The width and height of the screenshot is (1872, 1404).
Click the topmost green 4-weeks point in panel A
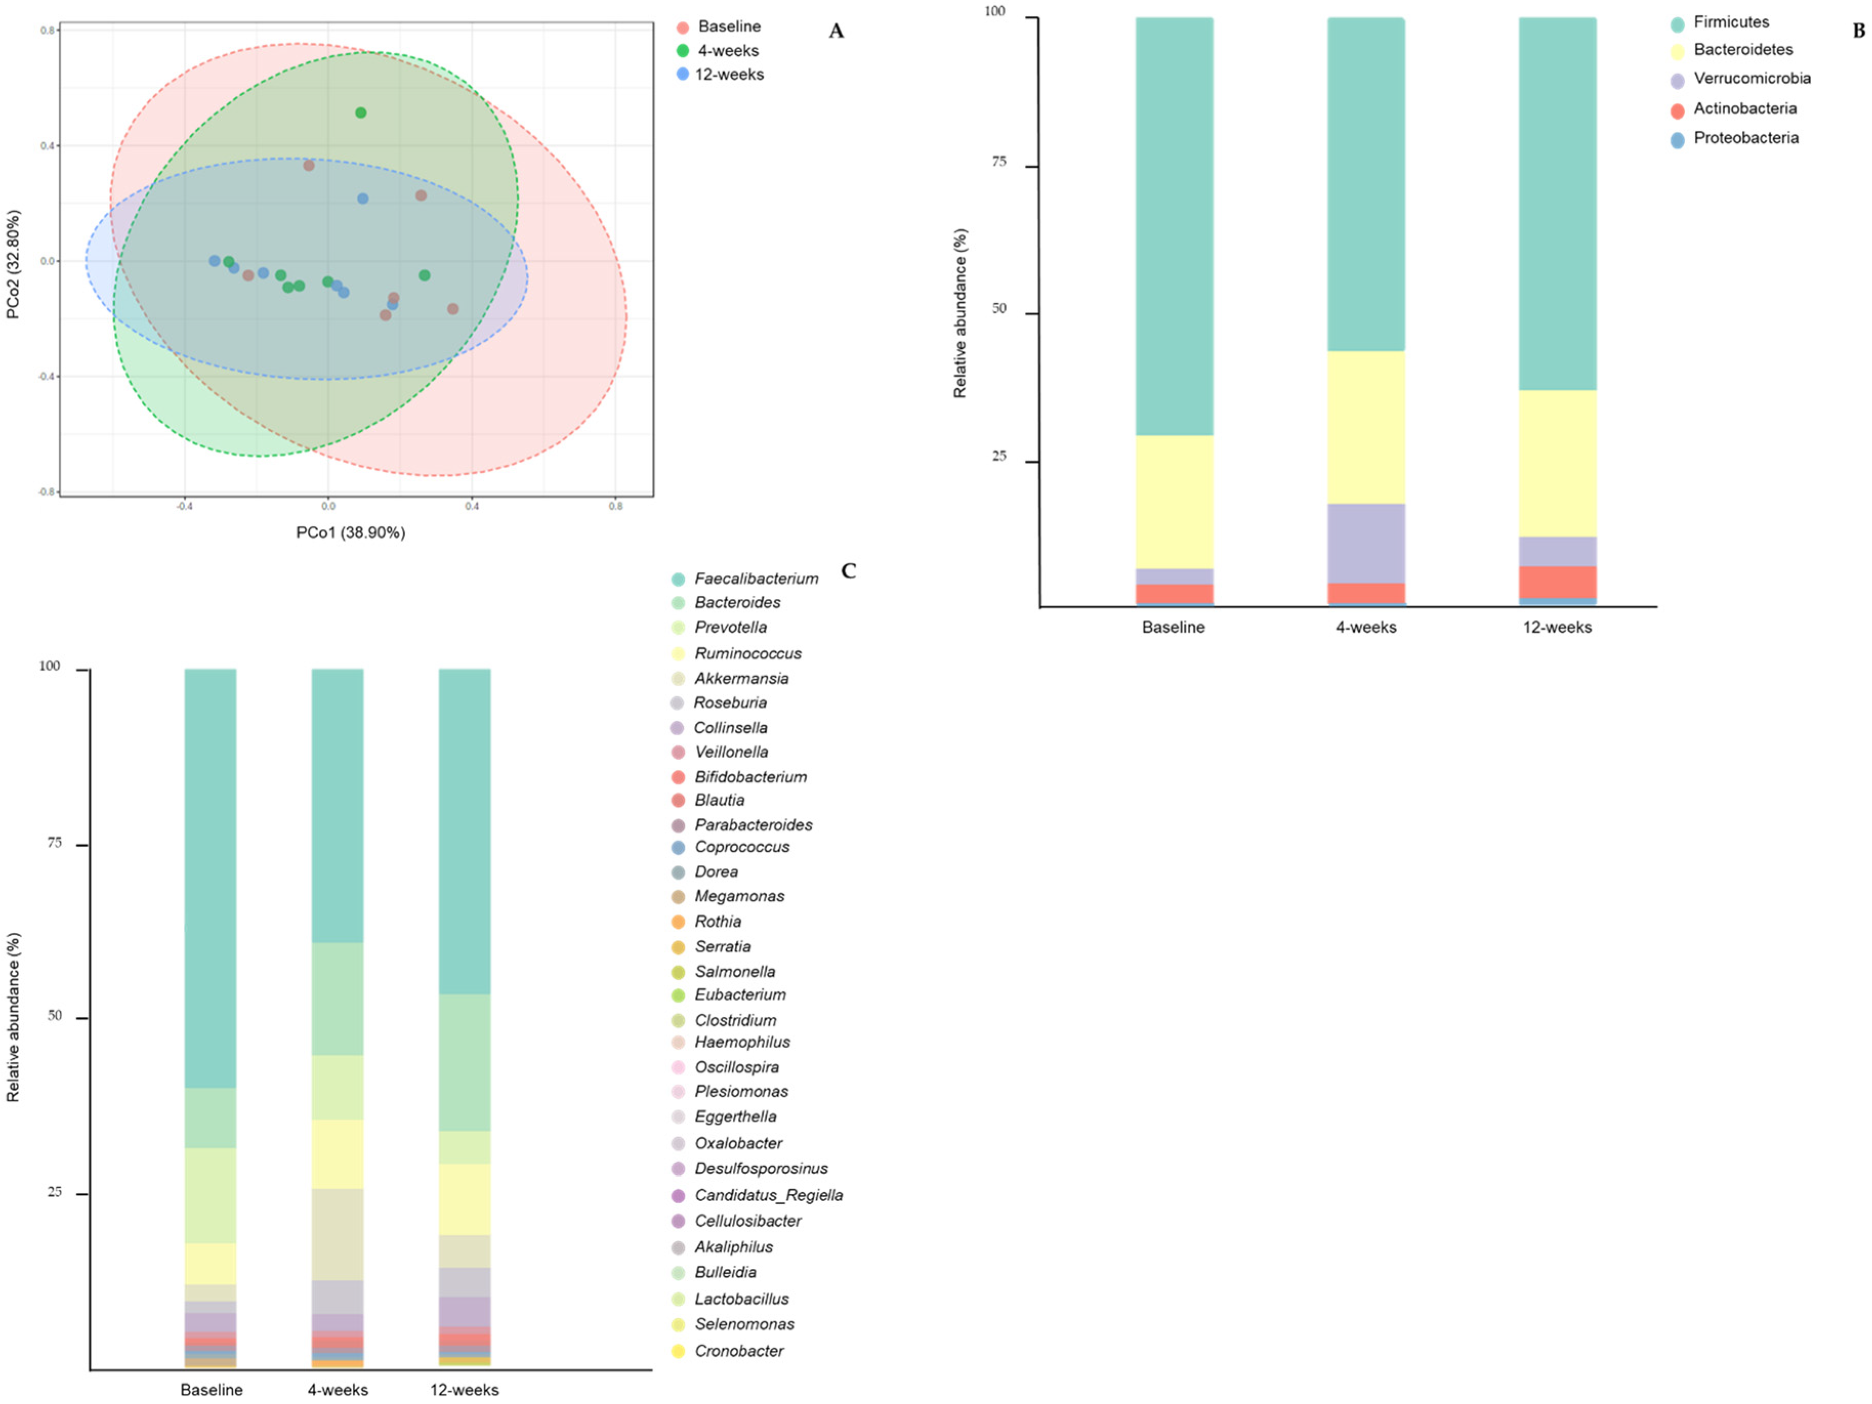361,113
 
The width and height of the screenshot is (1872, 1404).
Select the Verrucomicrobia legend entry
1751,79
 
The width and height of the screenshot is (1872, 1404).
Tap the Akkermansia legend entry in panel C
741,678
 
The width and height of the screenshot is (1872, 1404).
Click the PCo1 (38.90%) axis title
350,532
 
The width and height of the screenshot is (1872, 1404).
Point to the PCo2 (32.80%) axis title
13,264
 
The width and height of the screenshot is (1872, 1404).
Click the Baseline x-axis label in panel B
1173,627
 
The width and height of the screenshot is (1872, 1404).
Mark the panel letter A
836,31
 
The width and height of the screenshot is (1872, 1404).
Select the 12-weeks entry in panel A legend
729,74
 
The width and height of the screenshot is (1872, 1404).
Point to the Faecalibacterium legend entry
756,579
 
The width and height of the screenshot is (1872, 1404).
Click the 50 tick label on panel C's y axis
54,1016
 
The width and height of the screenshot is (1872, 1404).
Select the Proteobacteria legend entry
1745,138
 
